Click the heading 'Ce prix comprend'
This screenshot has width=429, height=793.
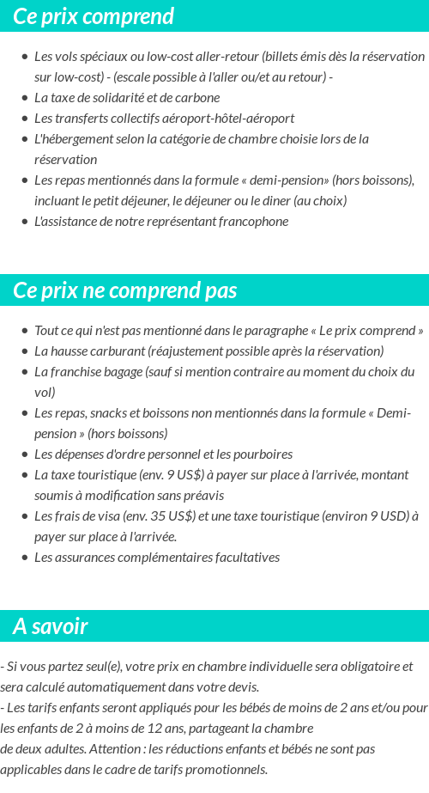[x=94, y=16]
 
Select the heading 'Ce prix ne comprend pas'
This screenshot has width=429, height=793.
[x=125, y=290]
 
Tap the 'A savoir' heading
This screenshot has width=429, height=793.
[x=50, y=626]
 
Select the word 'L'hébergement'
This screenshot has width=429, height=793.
[x=72, y=138]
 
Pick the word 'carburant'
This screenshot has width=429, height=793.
[x=117, y=351]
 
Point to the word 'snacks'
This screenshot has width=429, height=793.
[x=112, y=412]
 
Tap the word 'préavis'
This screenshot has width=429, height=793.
[x=202, y=495]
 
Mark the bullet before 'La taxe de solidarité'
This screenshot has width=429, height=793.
[x=24, y=98]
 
